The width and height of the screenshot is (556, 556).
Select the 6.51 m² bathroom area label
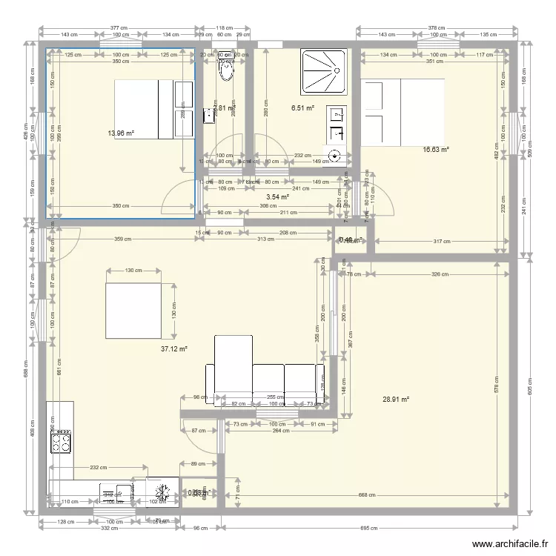click(302, 108)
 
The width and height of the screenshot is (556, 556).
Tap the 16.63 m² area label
click(436, 150)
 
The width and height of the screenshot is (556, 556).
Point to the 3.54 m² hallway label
click(277, 197)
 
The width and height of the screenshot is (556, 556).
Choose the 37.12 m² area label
click(174, 348)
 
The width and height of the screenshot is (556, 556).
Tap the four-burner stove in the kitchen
click(60, 442)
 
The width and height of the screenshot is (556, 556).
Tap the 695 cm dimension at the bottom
click(369, 529)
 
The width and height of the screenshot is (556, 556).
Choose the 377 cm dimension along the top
click(119, 27)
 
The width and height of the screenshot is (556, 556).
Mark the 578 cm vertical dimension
click(497, 385)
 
